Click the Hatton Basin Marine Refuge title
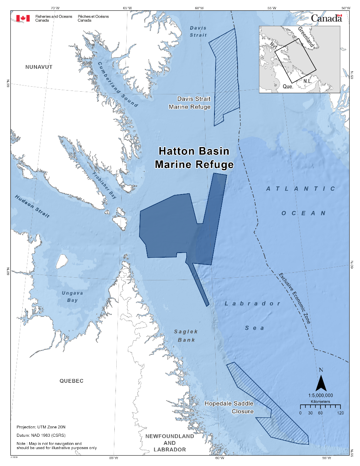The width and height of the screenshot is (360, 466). tap(194, 158)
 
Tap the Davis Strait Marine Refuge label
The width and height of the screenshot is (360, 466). tap(190, 103)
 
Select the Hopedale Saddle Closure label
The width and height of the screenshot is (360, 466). tap(229, 407)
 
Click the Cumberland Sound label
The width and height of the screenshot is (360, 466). tap(117, 84)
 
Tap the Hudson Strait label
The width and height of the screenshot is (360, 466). tap(32, 206)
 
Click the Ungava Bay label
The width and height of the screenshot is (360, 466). tap(70, 297)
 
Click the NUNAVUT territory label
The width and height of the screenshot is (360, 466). tap(39, 67)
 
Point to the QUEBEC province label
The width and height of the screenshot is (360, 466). tap(71, 381)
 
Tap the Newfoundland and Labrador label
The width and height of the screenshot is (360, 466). tap(169, 443)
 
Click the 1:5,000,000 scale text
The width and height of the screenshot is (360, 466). tap(320, 396)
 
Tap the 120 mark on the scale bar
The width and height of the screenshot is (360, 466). tap(340, 413)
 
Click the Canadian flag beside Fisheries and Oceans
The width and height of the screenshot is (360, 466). tap(23, 18)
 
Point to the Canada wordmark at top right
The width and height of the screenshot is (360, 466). tap(326, 18)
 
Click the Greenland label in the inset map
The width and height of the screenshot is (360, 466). tap(306, 37)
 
